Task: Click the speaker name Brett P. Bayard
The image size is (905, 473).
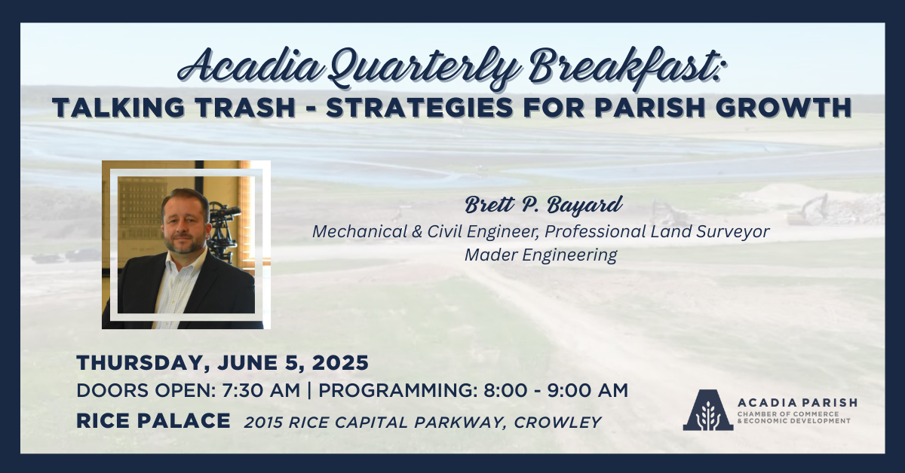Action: point(544,205)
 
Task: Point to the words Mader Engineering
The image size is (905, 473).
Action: point(541,255)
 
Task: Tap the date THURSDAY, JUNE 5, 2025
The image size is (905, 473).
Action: point(222,363)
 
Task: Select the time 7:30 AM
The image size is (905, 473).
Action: point(261,390)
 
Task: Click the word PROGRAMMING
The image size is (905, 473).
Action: point(395,390)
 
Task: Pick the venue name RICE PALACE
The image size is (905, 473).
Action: point(153,421)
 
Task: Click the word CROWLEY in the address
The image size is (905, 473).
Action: point(558,423)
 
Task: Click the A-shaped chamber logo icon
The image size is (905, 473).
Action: point(708,410)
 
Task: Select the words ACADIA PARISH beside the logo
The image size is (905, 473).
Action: point(797,403)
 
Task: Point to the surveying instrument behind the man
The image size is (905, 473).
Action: point(223,230)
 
